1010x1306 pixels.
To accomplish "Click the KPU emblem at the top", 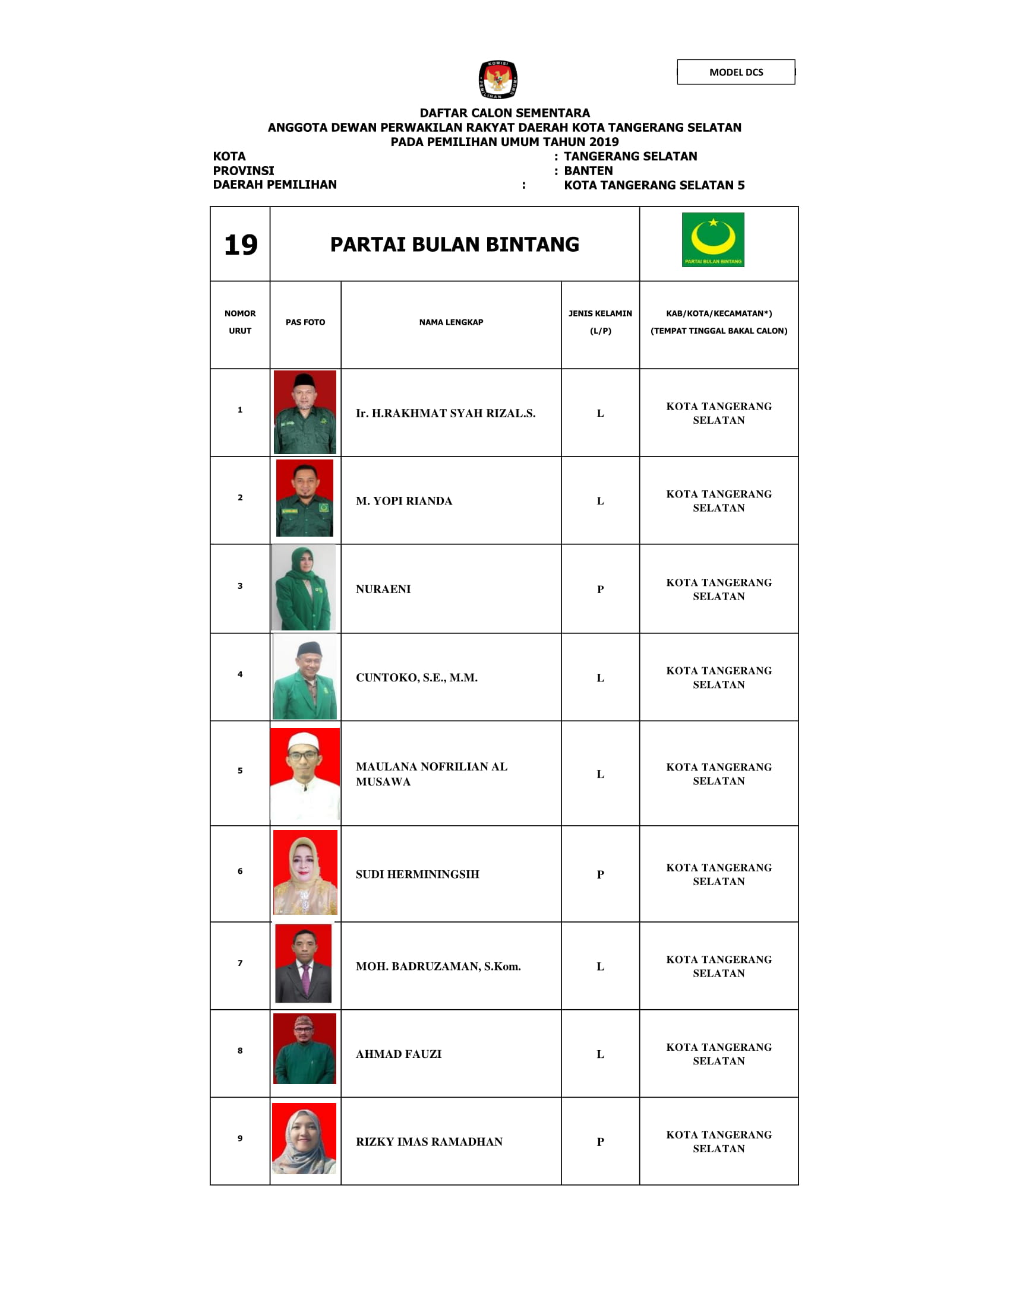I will [498, 79].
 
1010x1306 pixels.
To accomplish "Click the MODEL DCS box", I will [736, 72].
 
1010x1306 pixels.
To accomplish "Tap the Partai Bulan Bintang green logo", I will [712, 239].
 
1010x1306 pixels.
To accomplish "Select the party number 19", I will [241, 245].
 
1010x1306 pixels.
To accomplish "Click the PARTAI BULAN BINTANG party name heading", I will [454, 245].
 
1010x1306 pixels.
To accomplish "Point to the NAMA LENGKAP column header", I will [450, 322].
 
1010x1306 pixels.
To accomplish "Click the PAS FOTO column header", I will [305, 322].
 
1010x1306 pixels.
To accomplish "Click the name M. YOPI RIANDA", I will [404, 501].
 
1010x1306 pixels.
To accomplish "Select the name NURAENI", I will [383, 589].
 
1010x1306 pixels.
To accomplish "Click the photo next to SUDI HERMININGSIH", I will [305, 873].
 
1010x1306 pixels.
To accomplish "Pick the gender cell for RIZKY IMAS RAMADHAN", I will [600, 1142].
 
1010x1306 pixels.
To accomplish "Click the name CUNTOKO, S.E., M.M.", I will [416, 677].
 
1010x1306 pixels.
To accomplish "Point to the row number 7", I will [240, 963].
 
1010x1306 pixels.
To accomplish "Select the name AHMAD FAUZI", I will [399, 1054].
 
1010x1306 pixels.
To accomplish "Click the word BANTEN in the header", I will [588, 171].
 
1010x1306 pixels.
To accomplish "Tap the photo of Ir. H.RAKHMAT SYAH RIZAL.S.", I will [305, 412].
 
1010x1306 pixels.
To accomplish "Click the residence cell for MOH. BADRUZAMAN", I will [719, 966].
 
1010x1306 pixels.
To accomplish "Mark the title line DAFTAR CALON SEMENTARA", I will [504, 113].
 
